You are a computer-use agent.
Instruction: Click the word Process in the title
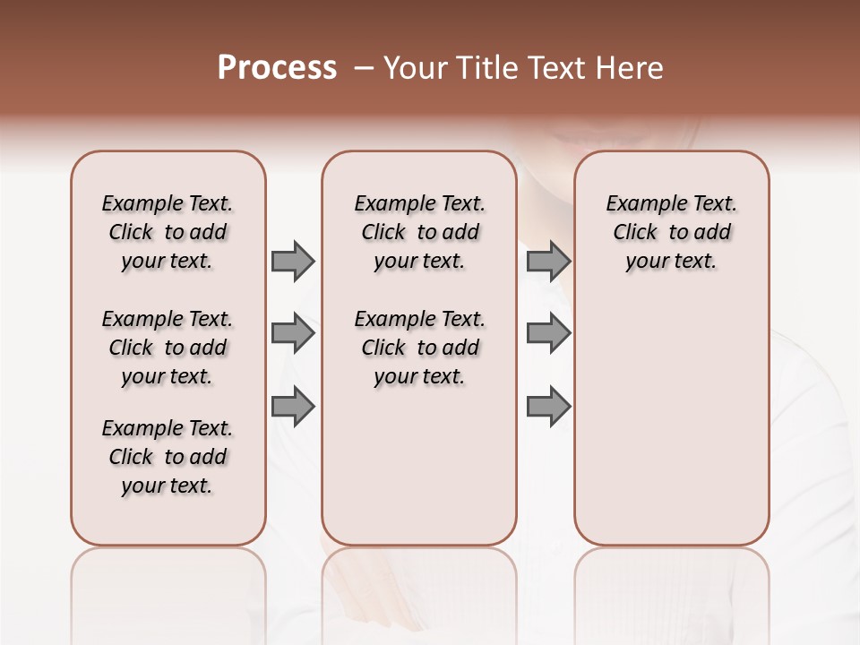coord(277,68)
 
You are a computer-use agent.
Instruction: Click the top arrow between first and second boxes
coord(293,261)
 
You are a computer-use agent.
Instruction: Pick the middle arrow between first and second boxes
coord(293,334)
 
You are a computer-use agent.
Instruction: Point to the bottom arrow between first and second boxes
coord(293,407)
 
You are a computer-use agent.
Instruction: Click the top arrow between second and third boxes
coord(548,261)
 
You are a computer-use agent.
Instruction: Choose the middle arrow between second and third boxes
coord(548,334)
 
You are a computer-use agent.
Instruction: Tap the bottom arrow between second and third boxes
coord(548,407)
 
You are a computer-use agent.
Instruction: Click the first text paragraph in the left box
coord(168,232)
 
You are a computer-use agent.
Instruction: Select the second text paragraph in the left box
coord(168,348)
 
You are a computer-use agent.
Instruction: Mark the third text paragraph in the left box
coord(168,457)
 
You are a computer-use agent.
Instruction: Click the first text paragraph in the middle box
coord(419,232)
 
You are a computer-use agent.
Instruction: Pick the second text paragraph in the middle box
coord(419,348)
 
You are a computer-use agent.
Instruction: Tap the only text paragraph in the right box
coord(671,232)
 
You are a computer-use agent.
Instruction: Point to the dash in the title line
coord(364,68)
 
